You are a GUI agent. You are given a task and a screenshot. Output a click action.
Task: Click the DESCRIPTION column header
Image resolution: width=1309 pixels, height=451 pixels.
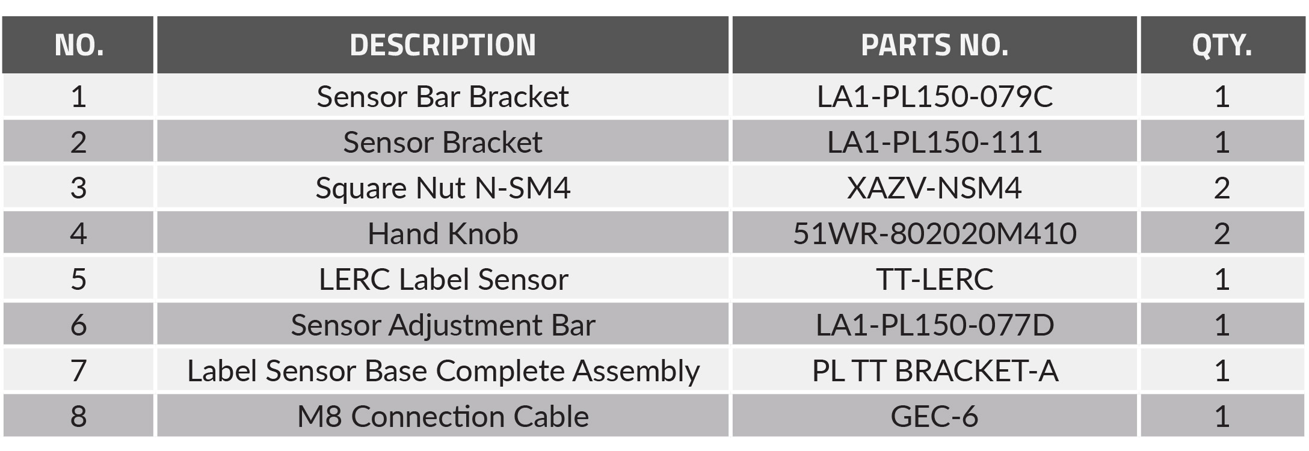click(443, 45)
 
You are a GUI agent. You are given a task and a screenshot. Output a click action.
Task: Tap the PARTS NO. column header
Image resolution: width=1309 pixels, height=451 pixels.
click(934, 45)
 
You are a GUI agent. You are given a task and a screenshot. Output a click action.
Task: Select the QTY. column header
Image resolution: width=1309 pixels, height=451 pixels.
click(1222, 45)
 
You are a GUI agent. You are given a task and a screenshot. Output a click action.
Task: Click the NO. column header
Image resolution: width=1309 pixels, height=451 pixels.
click(79, 45)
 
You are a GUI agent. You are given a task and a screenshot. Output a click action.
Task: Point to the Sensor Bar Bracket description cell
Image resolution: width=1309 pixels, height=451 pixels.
click(443, 96)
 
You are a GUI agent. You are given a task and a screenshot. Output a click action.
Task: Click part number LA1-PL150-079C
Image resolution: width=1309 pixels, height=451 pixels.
click(934, 96)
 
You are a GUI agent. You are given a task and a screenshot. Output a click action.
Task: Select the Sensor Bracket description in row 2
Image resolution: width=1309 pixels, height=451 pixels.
click(443, 142)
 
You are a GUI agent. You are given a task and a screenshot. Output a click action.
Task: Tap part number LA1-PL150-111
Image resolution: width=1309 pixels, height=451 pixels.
click(934, 142)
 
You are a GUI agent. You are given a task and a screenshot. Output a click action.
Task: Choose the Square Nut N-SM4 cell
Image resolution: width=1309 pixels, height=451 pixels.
click(443, 188)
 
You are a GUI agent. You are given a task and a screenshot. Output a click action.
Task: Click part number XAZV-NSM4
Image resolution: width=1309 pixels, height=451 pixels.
click(934, 188)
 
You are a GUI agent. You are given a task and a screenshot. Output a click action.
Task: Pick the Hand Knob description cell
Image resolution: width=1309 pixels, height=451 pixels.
click(443, 233)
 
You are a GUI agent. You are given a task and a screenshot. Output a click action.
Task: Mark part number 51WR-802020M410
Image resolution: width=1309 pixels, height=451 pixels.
click(934, 233)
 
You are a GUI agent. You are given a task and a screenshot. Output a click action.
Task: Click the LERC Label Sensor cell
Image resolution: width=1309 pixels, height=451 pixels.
click(443, 279)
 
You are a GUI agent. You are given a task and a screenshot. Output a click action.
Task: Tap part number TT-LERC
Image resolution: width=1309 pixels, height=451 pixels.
click(934, 279)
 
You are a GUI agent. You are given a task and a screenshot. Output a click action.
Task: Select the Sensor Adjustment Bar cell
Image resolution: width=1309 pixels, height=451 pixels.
click(443, 325)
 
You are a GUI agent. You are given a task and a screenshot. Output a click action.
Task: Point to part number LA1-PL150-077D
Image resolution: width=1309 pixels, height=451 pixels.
click(934, 325)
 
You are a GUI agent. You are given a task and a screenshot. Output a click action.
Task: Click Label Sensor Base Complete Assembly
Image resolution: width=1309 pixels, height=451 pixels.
click(443, 370)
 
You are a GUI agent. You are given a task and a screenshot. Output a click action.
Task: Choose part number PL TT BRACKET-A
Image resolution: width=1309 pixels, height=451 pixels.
click(934, 370)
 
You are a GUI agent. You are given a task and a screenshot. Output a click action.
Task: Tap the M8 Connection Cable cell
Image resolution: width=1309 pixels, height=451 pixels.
click(443, 416)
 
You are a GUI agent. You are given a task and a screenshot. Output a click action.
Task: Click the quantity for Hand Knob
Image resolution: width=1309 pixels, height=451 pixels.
click(1222, 233)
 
